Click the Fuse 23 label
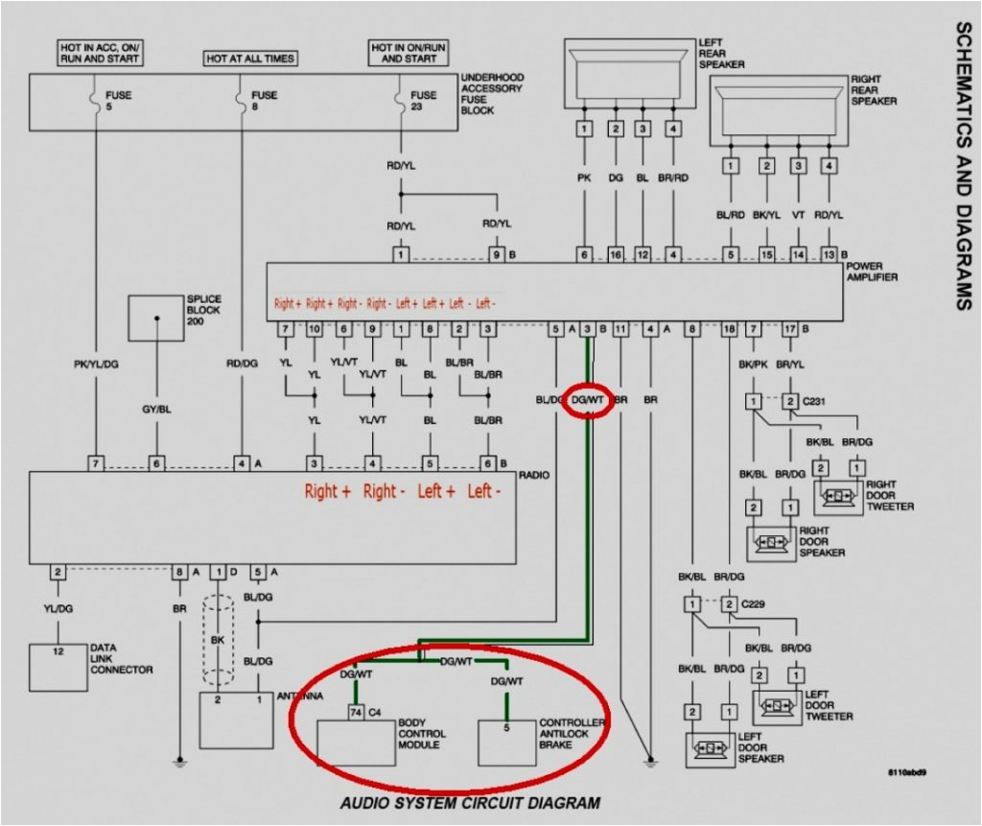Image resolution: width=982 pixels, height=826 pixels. (x=423, y=101)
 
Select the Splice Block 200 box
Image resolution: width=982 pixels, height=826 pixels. (x=156, y=318)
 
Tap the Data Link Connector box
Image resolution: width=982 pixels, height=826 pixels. (x=58, y=667)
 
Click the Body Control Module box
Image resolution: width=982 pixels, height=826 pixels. (x=356, y=742)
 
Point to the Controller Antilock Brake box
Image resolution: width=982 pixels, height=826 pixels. (x=507, y=742)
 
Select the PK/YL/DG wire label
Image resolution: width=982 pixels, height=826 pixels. (x=95, y=365)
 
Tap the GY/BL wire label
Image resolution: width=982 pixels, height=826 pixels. (x=156, y=410)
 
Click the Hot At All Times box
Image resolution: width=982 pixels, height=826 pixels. (x=250, y=59)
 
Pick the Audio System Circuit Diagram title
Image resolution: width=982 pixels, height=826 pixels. (x=470, y=803)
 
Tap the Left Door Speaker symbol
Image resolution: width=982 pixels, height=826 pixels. (x=712, y=746)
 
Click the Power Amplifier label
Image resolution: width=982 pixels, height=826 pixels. (x=872, y=272)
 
